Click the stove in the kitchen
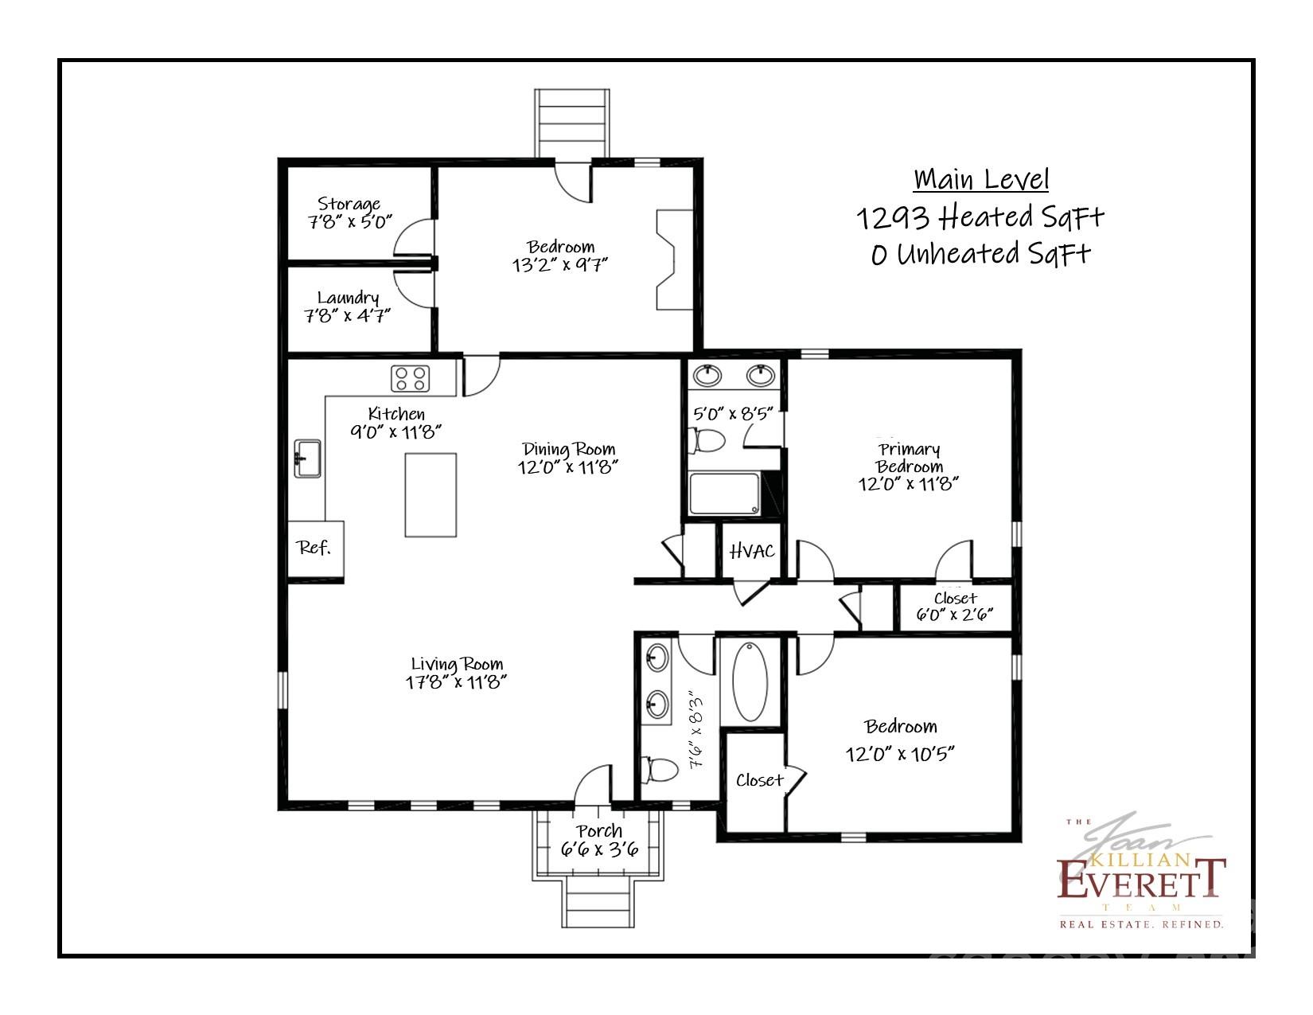pyautogui.click(x=411, y=377)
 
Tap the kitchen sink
pyautogui.click(x=308, y=459)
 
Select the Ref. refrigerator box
pyautogui.click(x=315, y=548)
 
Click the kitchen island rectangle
pyautogui.click(x=431, y=494)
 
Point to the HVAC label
pyautogui.click(x=752, y=551)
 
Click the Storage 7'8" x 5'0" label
pyautogui.click(x=350, y=213)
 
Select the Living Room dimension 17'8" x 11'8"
pyautogui.click(x=457, y=682)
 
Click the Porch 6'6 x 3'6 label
pyautogui.click(x=599, y=841)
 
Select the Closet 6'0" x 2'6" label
pyautogui.click(x=955, y=607)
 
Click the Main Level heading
pyautogui.click(x=981, y=179)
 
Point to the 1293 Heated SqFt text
pyautogui.click(x=980, y=217)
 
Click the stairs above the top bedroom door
pyautogui.click(x=575, y=123)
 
